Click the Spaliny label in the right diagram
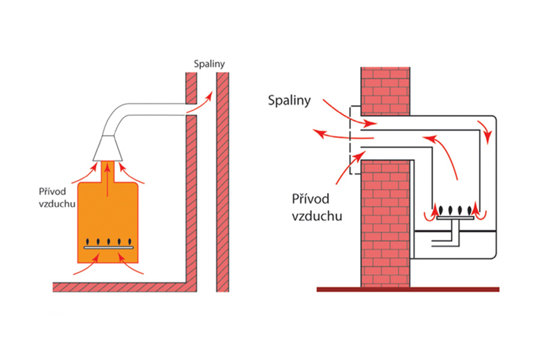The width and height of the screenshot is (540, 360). click(289, 100)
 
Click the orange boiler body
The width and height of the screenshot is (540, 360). click(108, 216)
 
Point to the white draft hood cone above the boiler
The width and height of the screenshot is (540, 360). click(109, 147)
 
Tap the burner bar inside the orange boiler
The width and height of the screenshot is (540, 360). click(108, 246)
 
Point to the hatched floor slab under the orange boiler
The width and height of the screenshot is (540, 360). click(120, 287)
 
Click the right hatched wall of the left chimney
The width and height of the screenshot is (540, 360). click(223, 180)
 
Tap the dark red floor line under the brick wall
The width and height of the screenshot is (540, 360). click(408, 289)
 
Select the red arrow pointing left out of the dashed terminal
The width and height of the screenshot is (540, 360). click(327, 133)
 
